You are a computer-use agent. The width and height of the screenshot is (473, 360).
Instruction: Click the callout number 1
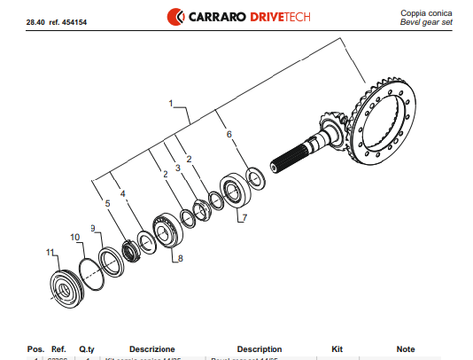click(x=170, y=104)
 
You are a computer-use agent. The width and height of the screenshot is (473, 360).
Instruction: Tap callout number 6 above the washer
click(x=229, y=135)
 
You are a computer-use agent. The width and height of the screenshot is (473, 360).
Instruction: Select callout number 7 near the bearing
click(x=244, y=216)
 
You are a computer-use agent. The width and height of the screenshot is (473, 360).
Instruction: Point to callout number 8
click(x=180, y=259)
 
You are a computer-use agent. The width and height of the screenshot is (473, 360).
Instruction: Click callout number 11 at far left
click(x=49, y=253)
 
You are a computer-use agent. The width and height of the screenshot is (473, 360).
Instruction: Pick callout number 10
click(x=75, y=237)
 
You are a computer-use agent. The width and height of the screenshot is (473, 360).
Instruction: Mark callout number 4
click(x=123, y=193)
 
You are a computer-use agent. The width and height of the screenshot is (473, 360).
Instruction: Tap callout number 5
click(x=108, y=204)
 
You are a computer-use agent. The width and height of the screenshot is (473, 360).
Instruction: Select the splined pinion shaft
click(x=301, y=154)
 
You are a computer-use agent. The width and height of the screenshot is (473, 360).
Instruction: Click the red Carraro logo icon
click(x=175, y=15)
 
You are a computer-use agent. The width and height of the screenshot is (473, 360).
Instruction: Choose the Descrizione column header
click(x=151, y=349)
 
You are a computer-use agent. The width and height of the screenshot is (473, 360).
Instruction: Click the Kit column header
click(x=336, y=349)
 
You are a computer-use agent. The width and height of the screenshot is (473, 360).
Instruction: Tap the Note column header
click(x=406, y=349)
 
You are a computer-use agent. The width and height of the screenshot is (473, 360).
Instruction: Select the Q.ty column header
click(x=86, y=349)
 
